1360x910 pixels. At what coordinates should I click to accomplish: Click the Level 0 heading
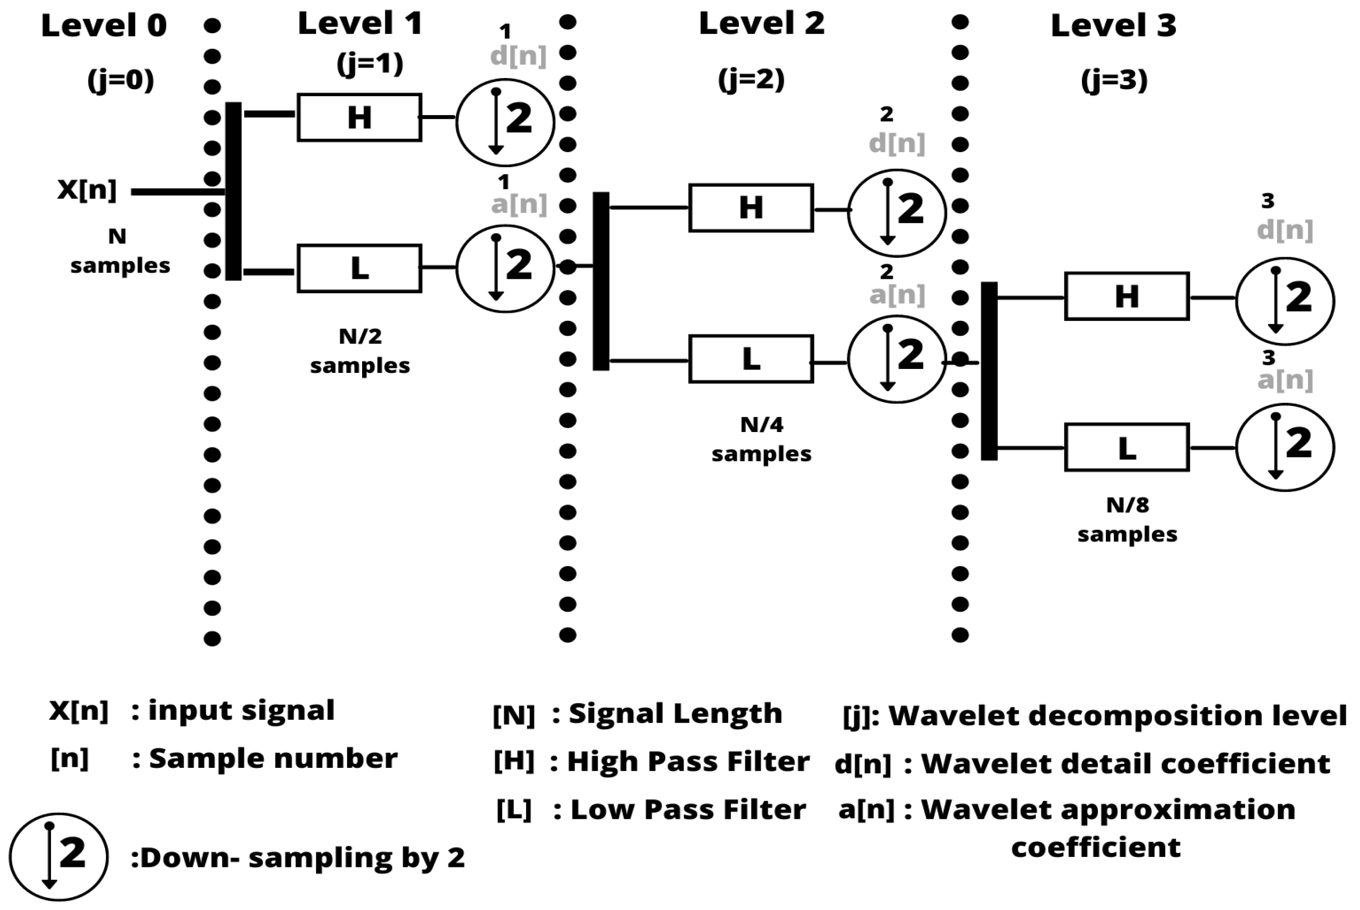104,26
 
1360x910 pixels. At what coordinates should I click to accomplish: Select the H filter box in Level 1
359,117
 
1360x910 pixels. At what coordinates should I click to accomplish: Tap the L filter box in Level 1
359,268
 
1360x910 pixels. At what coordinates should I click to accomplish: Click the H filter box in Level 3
1126,296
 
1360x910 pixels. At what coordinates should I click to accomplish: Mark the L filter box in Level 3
1126,447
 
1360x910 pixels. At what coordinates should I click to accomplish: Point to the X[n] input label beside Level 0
87,190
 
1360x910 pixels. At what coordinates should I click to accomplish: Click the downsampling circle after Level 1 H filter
505,122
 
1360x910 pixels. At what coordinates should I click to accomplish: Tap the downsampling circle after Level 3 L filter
1284,447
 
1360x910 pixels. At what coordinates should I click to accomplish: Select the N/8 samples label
1127,520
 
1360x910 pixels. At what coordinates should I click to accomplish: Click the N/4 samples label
761,439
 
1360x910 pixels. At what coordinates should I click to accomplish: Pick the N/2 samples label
360,350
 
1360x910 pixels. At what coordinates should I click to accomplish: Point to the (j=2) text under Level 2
751,79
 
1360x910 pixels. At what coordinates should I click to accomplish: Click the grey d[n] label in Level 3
1284,230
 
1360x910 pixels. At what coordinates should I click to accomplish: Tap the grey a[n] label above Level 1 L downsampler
519,204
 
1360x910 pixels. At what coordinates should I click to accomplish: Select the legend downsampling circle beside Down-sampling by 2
59,856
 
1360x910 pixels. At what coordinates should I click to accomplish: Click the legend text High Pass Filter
688,761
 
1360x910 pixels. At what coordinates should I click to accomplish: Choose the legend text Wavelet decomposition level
1117,715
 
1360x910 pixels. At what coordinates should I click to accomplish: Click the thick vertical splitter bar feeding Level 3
989,371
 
